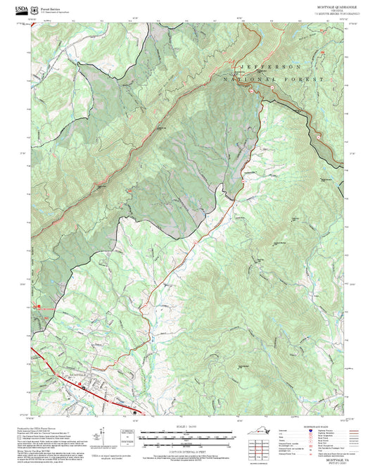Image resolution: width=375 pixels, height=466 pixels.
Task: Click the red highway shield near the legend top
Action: tap(310, 432)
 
